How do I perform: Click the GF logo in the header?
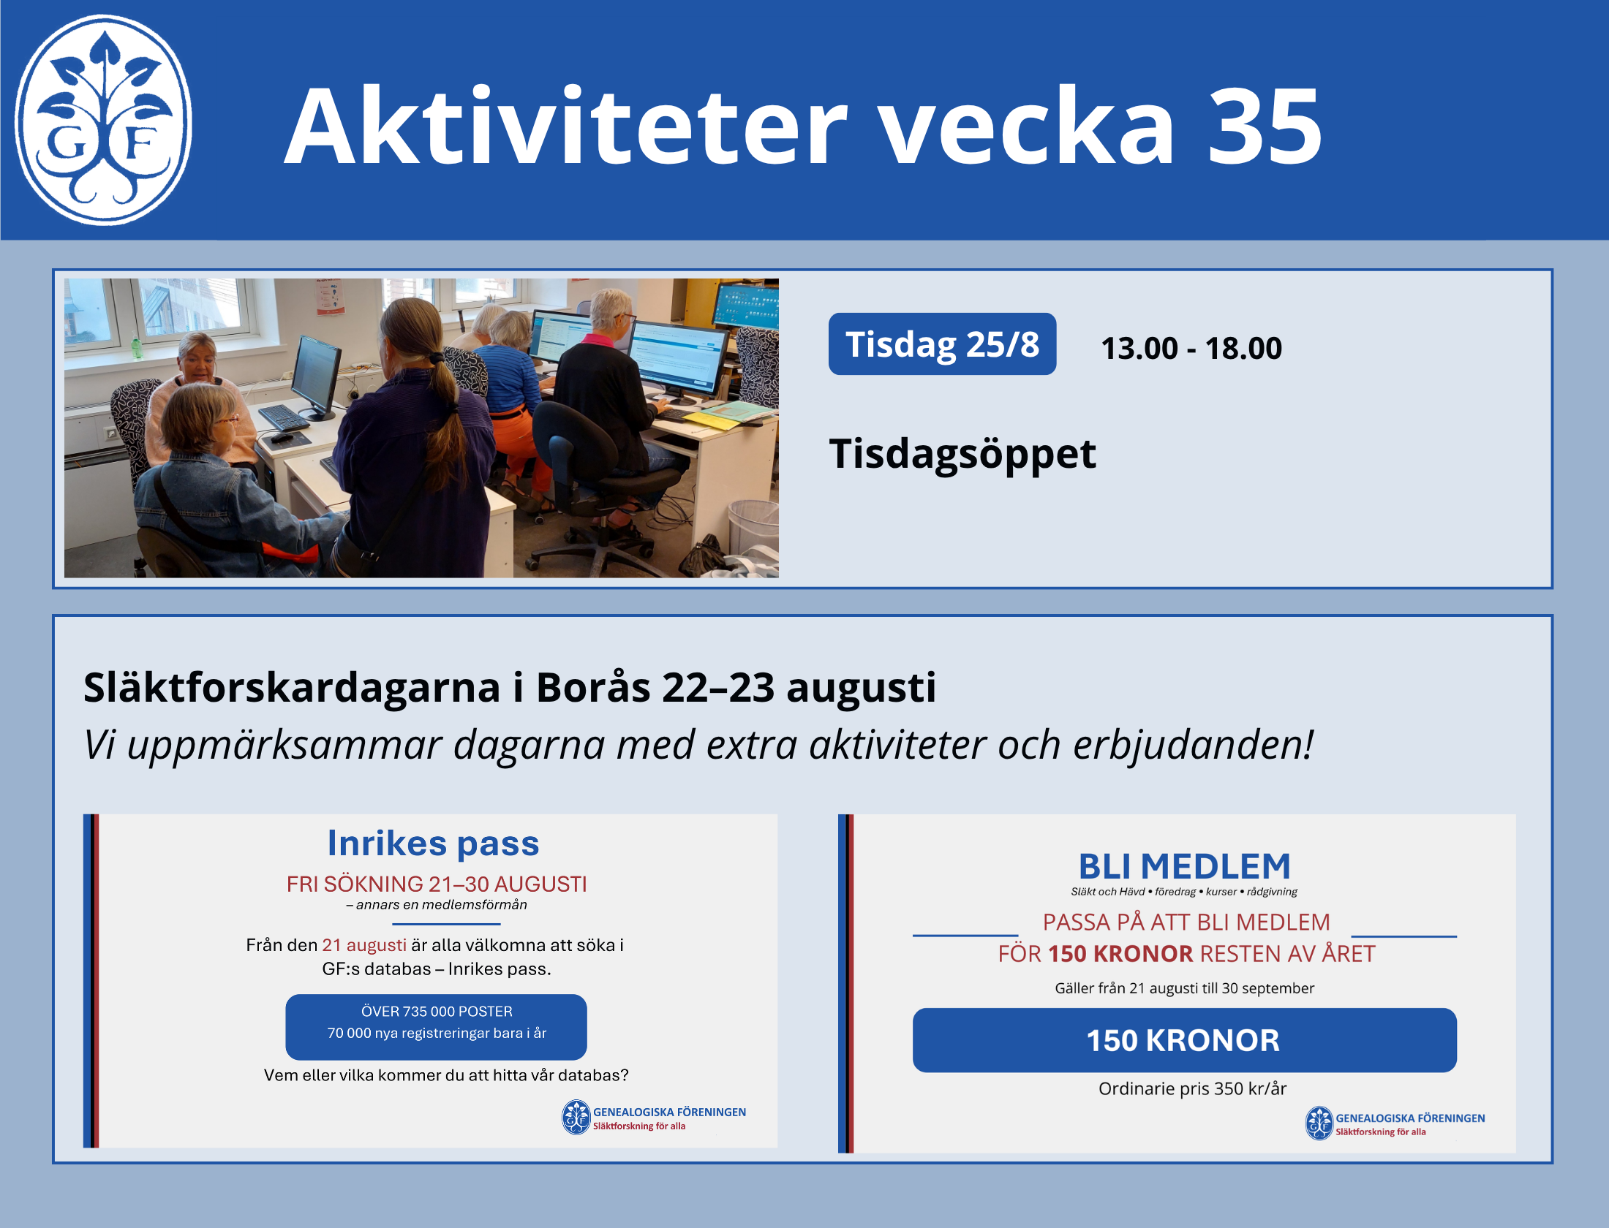(103, 120)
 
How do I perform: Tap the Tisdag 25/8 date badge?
(942, 344)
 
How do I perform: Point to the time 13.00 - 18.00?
(1191, 348)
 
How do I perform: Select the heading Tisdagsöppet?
(962, 455)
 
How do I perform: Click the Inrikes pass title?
(433, 844)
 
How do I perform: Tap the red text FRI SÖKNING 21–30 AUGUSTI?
(437, 884)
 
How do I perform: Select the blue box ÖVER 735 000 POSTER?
(436, 1026)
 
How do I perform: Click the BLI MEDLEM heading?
(1185, 866)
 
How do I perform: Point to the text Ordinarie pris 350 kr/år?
(1192, 1088)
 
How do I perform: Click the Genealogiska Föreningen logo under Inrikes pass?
(654, 1117)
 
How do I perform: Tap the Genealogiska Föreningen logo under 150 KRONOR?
(1395, 1123)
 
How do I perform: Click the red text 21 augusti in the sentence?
(363, 945)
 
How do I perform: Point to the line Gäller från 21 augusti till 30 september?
(1184, 988)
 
